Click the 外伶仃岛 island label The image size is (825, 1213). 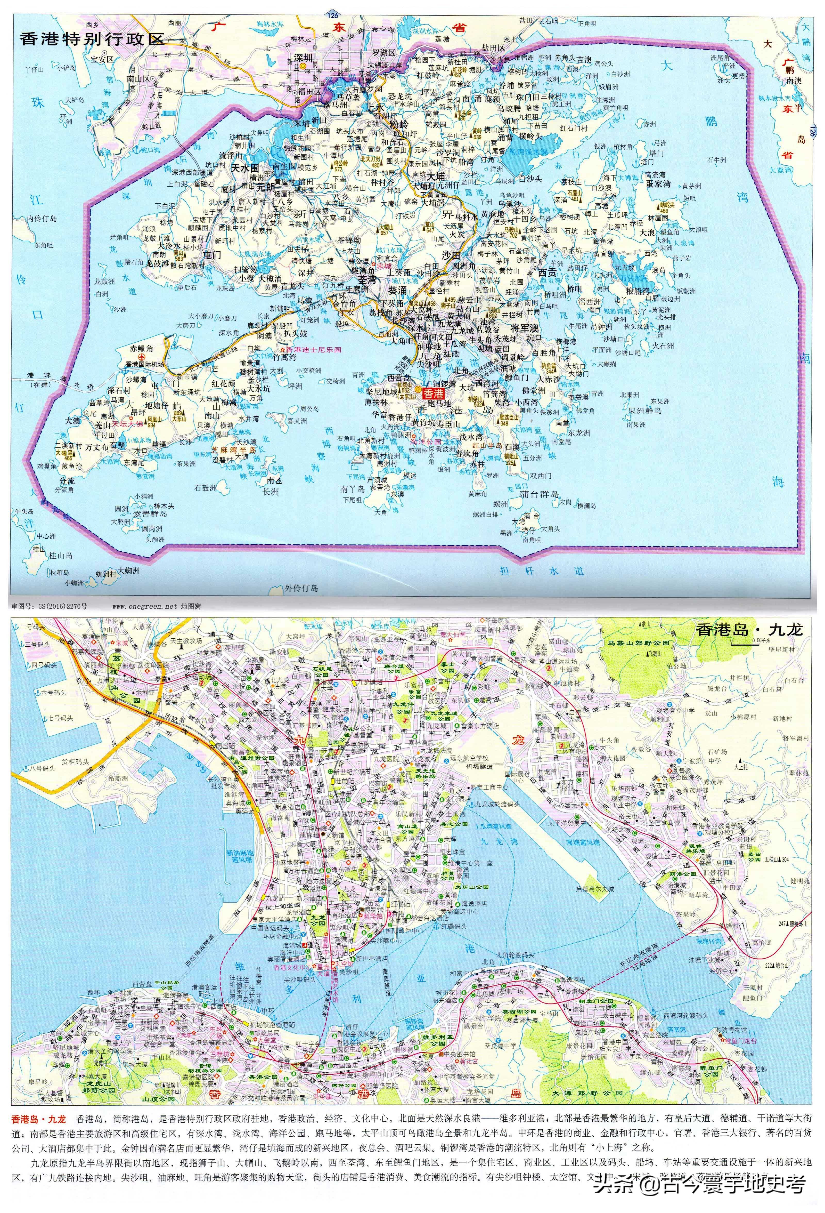coord(301,588)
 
